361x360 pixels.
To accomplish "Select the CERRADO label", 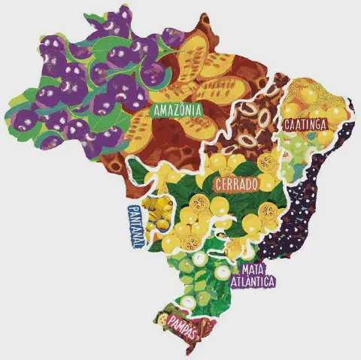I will (237, 183).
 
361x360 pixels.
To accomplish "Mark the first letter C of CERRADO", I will (218, 183).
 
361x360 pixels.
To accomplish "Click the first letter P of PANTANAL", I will (133, 208).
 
